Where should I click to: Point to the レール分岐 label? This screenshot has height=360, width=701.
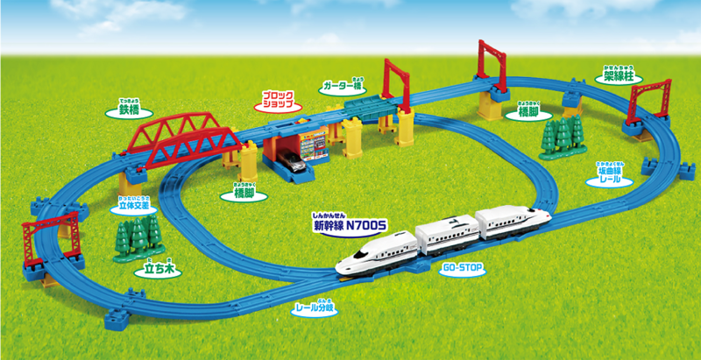(x=313, y=310)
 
